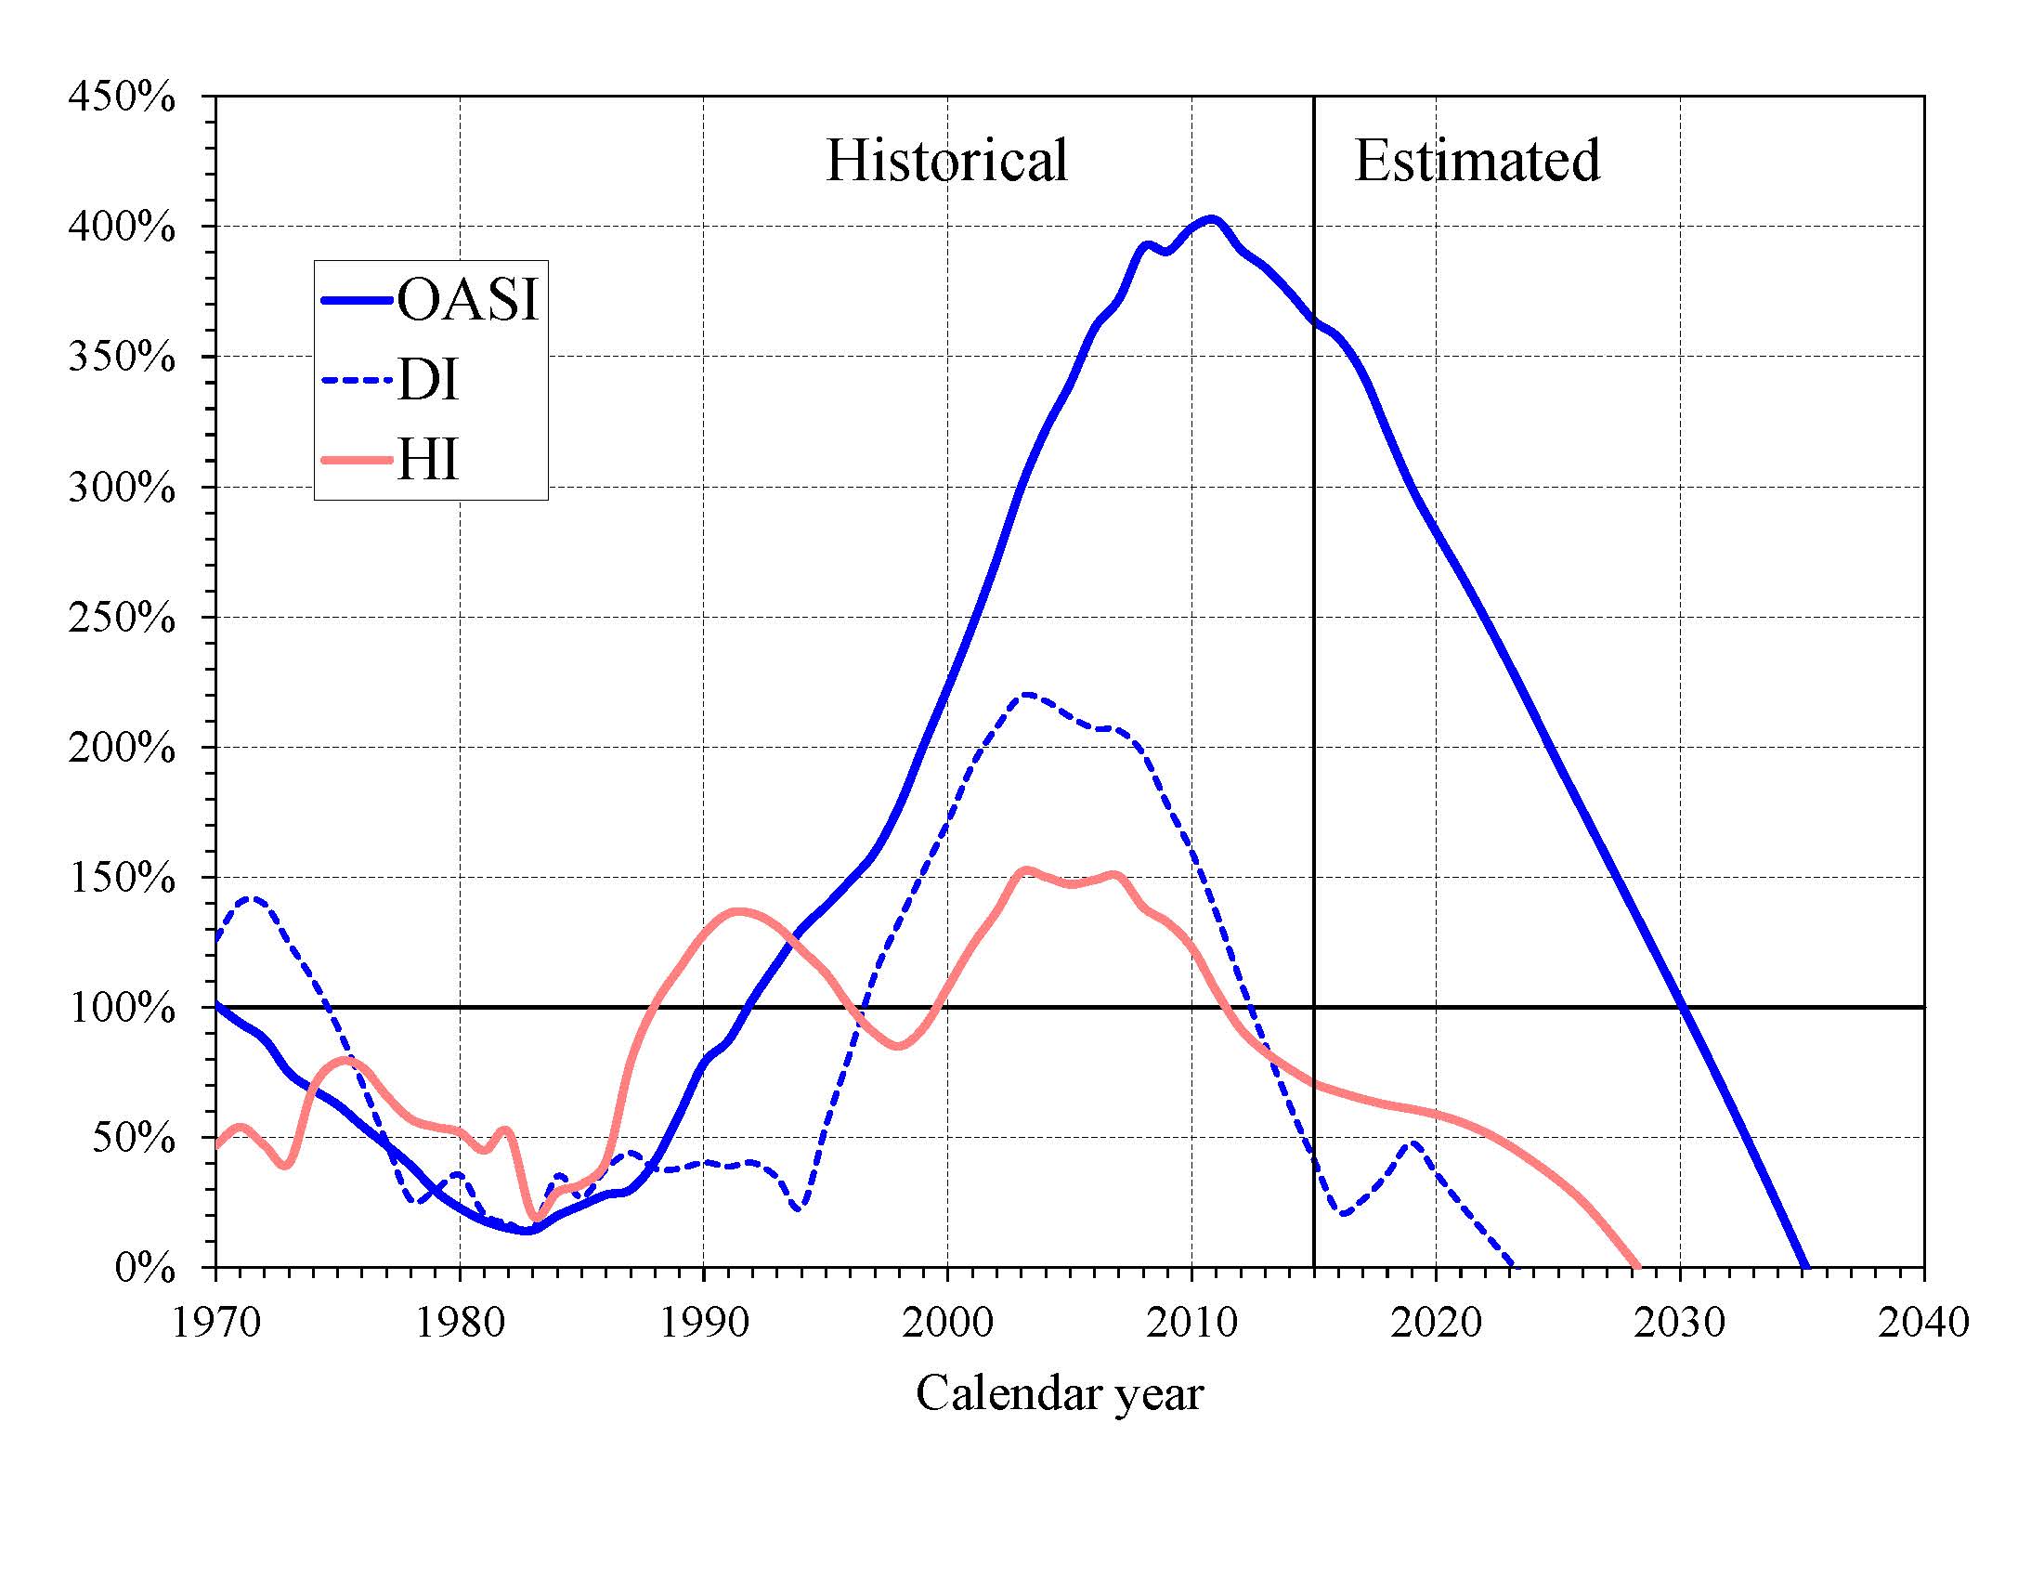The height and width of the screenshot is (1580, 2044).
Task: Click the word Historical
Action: pyautogui.click(x=946, y=160)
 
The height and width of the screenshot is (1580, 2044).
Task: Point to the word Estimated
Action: pyautogui.click(x=1477, y=160)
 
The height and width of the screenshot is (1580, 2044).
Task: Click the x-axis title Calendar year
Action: pyautogui.click(x=1059, y=1392)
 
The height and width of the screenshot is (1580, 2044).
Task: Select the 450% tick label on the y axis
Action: pyautogui.click(x=122, y=97)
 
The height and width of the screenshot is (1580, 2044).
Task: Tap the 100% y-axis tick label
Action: pyautogui.click(x=122, y=1008)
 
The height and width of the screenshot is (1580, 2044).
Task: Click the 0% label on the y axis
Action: pyautogui.click(x=145, y=1268)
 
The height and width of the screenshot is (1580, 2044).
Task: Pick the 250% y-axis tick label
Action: pyautogui.click(x=122, y=618)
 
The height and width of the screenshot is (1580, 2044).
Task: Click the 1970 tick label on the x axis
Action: pyautogui.click(x=216, y=1323)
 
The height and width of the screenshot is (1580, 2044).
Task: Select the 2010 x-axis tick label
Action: pyautogui.click(x=1191, y=1323)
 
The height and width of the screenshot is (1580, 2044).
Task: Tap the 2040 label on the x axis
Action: pyautogui.click(x=1923, y=1323)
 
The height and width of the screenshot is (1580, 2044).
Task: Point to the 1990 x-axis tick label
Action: pyautogui.click(x=704, y=1323)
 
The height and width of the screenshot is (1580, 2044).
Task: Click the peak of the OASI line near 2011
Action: pyautogui.click(x=1212, y=220)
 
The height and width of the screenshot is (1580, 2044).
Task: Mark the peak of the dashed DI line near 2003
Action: pyautogui.click(x=1027, y=695)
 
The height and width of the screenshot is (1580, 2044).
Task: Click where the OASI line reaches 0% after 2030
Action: pyautogui.click(x=1805, y=1266)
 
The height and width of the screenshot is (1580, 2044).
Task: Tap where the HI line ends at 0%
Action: pyautogui.click(x=1637, y=1266)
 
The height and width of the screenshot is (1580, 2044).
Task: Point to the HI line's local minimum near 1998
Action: pyautogui.click(x=898, y=1046)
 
